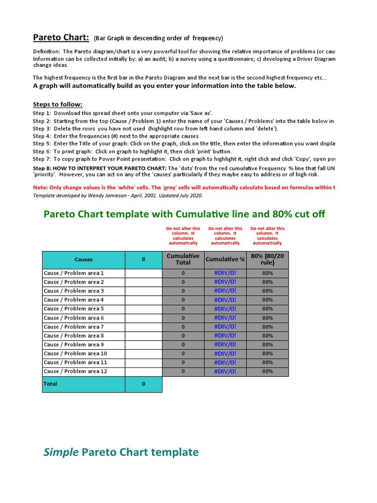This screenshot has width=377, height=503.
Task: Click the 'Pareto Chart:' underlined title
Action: (61, 38)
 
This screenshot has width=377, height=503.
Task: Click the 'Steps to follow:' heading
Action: (57, 105)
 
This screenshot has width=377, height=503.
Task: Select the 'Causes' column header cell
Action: (83, 259)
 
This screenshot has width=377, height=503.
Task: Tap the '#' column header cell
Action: (143, 259)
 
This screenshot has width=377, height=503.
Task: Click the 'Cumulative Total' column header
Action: (183, 259)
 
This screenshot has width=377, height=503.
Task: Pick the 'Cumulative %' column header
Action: (225, 259)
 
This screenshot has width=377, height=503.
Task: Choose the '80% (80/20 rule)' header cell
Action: (268, 259)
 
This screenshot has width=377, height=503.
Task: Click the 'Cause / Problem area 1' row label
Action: (74, 273)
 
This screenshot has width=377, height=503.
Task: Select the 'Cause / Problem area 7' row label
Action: (74, 327)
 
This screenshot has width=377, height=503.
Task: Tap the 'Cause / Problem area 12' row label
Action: (75, 371)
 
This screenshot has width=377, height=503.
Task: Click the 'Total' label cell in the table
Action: (51, 384)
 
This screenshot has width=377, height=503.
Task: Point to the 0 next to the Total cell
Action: (143, 384)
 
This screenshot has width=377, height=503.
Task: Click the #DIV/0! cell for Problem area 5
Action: (225, 309)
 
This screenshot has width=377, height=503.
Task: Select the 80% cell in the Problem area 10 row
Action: (268, 354)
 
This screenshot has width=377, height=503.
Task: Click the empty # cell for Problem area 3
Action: (143, 291)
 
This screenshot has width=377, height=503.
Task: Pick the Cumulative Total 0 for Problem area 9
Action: (183, 345)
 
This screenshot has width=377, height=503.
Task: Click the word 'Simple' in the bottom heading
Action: (61, 452)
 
